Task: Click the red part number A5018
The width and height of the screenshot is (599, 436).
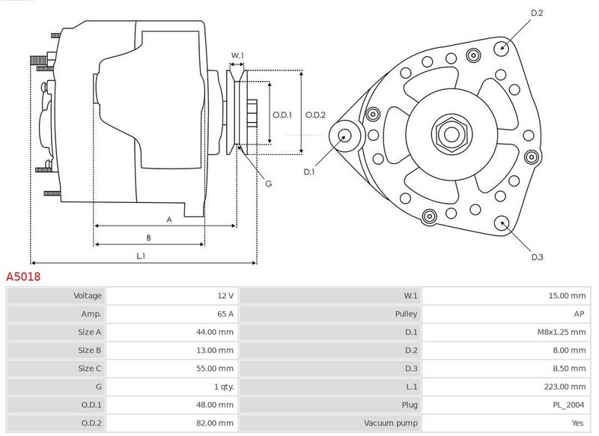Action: pos(23,276)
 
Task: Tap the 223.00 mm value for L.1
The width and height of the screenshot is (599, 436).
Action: pos(565,387)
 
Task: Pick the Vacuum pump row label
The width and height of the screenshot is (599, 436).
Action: pos(390,423)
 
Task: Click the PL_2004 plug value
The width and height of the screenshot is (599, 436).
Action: pos(568,405)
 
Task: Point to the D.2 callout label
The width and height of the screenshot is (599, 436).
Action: pos(537,13)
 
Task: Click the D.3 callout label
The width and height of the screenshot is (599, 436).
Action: pos(537,257)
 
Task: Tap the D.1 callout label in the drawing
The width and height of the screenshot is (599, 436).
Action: pos(308,172)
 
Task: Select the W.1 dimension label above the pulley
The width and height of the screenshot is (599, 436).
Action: pos(237,55)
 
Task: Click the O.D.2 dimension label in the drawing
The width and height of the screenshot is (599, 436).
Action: pos(315,115)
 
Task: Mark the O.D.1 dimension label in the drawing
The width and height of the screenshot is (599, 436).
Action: pos(282,115)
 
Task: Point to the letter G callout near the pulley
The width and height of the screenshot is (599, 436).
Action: pos(269,184)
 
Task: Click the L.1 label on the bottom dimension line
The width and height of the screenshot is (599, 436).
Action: pos(141,256)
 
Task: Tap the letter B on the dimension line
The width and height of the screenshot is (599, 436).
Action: pos(148,237)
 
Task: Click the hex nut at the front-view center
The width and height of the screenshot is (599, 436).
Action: pos(451,134)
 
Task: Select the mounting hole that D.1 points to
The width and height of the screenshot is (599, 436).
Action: pos(345,136)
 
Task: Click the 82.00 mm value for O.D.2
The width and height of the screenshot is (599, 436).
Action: pos(215,423)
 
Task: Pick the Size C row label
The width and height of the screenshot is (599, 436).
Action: pos(89,369)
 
